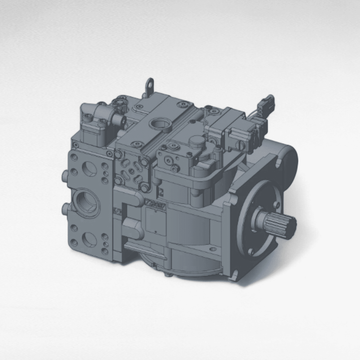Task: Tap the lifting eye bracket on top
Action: tap(150, 86)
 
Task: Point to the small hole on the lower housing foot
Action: tap(213, 249)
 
